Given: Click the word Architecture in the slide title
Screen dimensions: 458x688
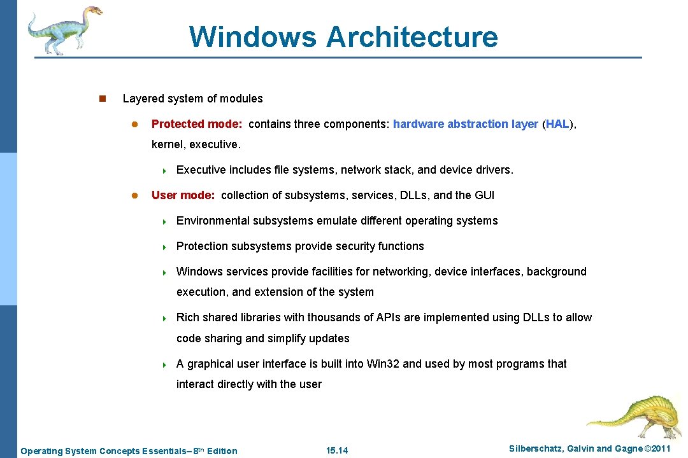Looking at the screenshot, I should (x=412, y=36).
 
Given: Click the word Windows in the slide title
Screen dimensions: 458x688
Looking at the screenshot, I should (x=254, y=36).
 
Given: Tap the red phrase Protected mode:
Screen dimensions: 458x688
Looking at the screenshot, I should (x=197, y=124).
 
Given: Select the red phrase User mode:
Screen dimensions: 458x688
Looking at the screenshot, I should (x=183, y=195).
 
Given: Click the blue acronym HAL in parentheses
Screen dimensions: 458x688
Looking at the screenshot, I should (x=557, y=124).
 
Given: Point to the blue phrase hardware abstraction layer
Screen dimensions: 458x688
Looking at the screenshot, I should (x=465, y=124).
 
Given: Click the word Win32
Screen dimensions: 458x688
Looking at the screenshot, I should (x=383, y=364).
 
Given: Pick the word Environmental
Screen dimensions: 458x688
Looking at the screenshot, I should (x=213, y=221).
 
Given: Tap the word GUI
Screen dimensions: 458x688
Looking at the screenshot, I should (x=484, y=195).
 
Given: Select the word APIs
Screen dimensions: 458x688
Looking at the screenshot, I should (x=388, y=317).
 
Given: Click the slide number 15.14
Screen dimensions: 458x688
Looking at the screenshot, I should (x=337, y=451).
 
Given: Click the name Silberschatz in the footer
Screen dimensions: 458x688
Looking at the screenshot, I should (x=534, y=449).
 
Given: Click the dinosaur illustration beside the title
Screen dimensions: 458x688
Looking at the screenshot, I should (x=64, y=29).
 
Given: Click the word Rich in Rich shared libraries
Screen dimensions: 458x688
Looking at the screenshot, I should (x=187, y=317).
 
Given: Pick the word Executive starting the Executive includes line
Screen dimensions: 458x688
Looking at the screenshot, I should (x=200, y=170).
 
